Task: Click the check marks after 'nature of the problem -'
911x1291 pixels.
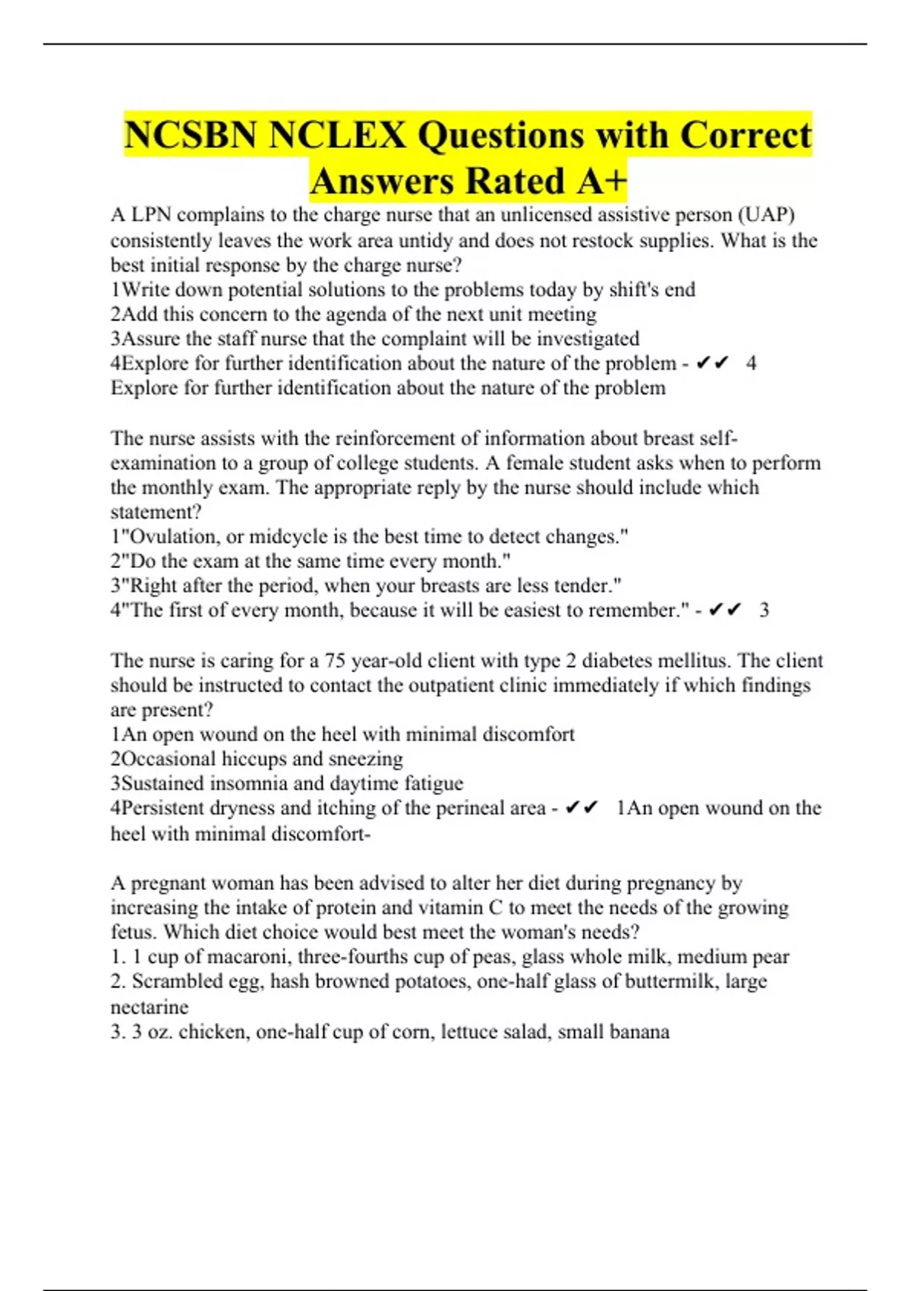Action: tap(712, 364)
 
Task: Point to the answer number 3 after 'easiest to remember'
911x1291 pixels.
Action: tap(764, 611)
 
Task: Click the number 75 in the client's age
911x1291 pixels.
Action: tap(336, 661)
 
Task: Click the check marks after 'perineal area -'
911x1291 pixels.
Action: tap(582, 808)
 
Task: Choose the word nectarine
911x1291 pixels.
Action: tap(150, 1007)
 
